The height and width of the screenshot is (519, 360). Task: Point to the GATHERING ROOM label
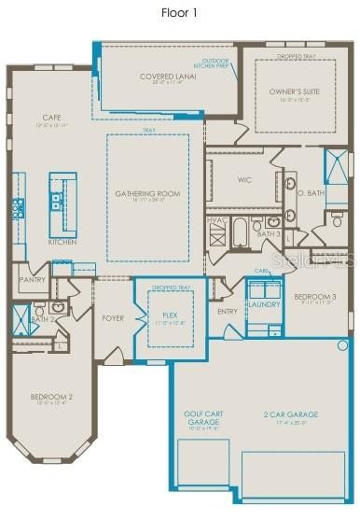pyautogui.click(x=147, y=193)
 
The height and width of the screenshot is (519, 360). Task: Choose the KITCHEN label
pyautogui.click(x=62, y=242)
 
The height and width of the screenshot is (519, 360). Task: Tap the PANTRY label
pyautogui.click(x=32, y=278)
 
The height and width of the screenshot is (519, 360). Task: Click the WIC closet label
pyautogui.click(x=245, y=180)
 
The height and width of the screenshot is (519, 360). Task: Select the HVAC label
pyautogui.click(x=215, y=220)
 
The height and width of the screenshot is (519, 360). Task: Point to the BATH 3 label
pyautogui.click(x=269, y=234)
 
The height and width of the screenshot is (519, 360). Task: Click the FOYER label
pyautogui.click(x=113, y=317)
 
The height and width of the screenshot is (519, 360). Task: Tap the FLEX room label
pyautogui.click(x=170, y=316)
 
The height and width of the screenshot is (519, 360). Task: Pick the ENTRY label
pyautogui.click(x=227, y=311)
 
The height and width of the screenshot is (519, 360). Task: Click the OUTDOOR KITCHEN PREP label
pyautogui.click(x=210, y=63)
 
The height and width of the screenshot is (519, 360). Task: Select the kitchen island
pyautogui.click(x=62, y=202)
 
